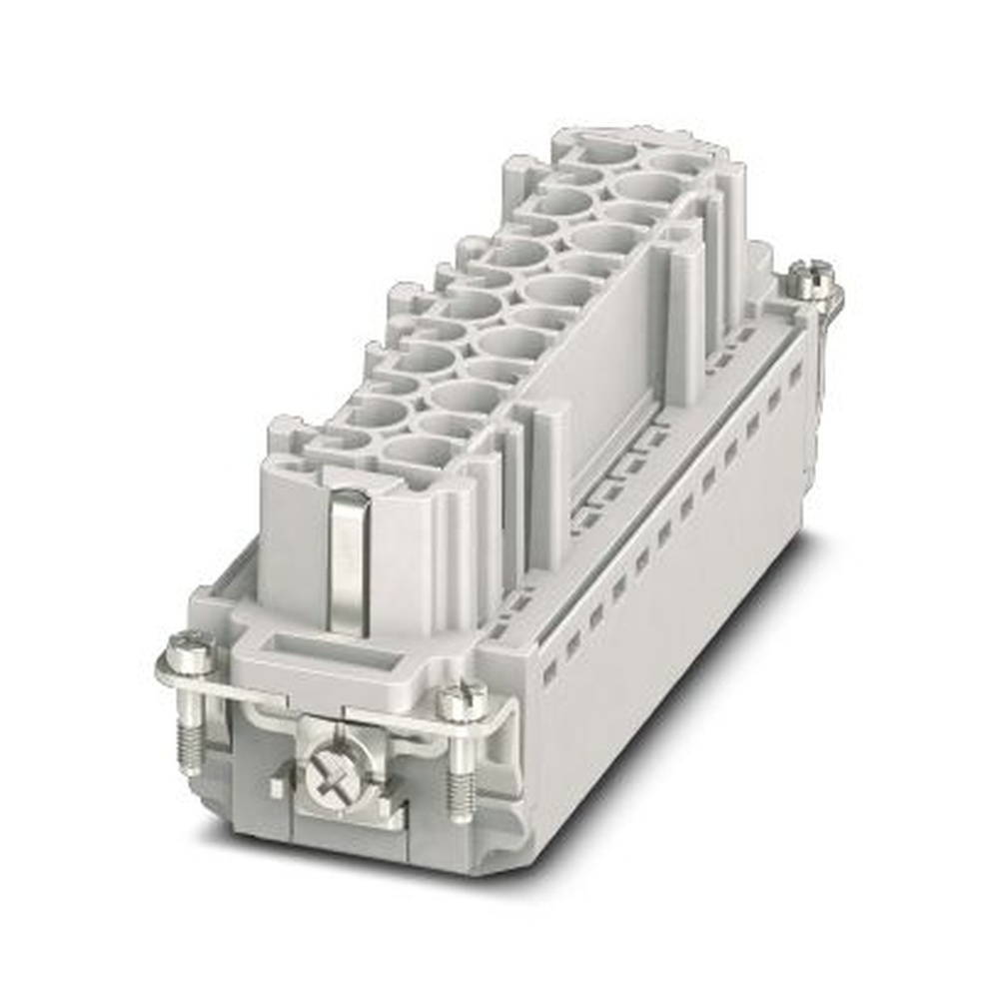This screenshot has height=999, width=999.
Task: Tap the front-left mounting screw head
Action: click(190, 654)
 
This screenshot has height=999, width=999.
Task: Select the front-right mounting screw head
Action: click(462, 701)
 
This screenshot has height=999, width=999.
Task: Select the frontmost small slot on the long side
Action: click(548, 673)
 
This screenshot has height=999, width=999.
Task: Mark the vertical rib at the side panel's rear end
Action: click(686, 320)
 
